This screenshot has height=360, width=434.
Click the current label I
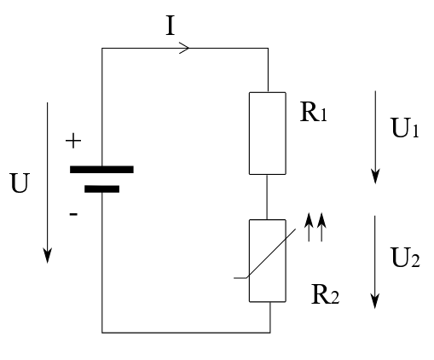pos(170,26)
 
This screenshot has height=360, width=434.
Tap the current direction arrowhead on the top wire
pos(184,48)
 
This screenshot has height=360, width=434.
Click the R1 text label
pos(314,112)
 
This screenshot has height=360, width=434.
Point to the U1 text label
pos(405,128)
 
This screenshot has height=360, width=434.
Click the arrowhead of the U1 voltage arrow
pos(375,177)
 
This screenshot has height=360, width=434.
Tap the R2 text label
pos(325,294)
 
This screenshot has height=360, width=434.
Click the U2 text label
pos(405,258)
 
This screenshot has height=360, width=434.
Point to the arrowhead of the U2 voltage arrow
pos(375,301)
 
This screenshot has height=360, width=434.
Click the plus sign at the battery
pos(73,141)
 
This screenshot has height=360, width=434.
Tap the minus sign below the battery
pos(73,214)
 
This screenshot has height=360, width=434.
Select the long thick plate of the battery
pos(101,170)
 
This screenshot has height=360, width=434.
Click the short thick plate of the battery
pos(101,189)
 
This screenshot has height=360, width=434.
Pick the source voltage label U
pos(20,183)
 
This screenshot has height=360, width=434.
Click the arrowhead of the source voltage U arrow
pos(47,255)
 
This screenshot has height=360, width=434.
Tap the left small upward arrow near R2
pos(309,227)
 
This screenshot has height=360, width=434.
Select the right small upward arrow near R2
pos(321,227)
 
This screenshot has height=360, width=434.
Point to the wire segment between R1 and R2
pos(267,197)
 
